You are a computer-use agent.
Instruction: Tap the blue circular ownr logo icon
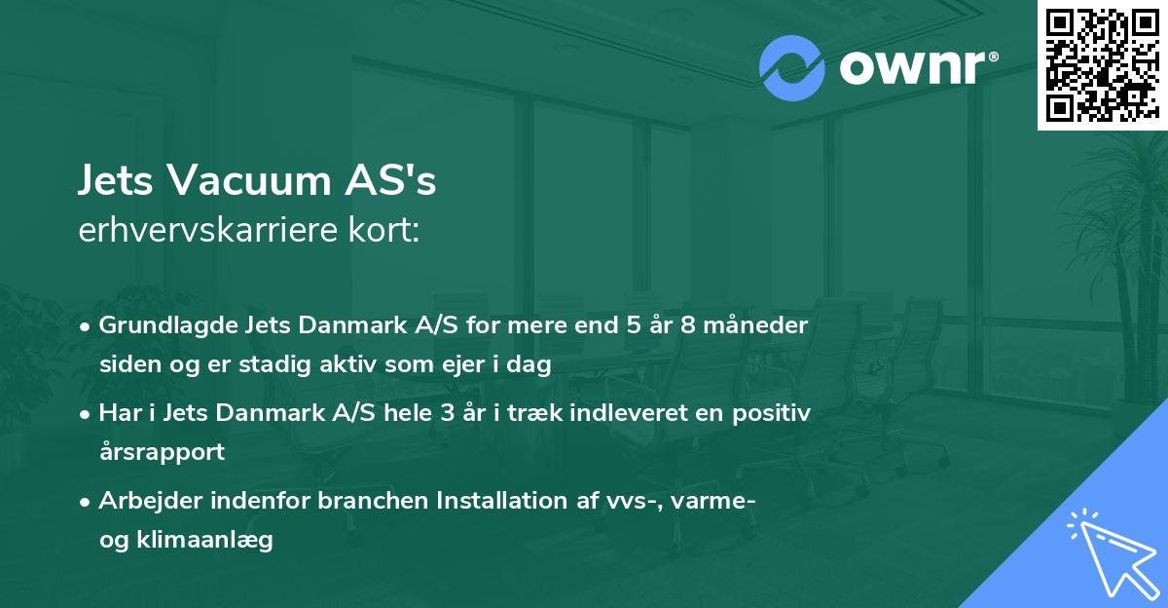(x=792, y=67)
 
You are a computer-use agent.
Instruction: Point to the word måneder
(x=760, y=324)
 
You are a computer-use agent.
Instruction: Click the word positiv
(x=773, y=412)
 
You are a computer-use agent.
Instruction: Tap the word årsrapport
(x=162, y=451)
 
